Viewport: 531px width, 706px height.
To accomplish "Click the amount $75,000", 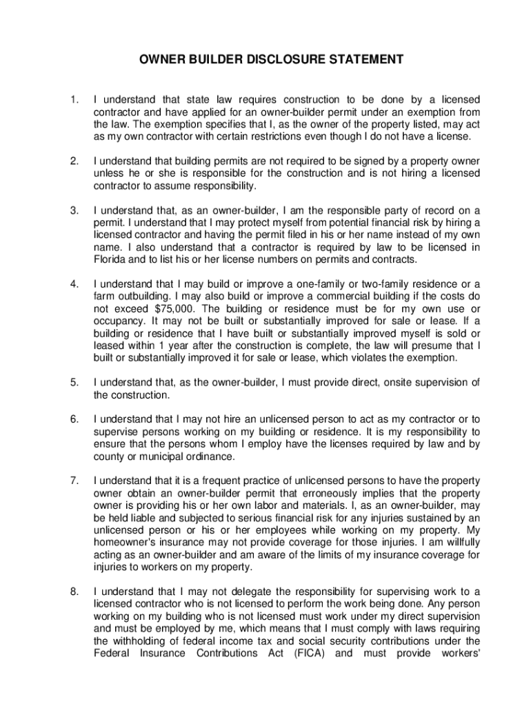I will point(169,309).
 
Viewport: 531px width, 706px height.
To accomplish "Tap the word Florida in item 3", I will point(110,259).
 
